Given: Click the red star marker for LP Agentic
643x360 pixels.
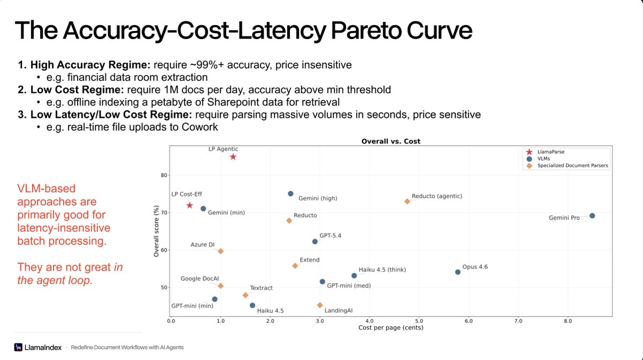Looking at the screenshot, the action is pos(233,157).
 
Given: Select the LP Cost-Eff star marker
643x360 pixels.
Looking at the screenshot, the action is pos(190,205).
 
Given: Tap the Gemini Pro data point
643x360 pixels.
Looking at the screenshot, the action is pos(592,215).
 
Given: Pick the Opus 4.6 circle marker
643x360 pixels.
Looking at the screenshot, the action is pos(458,272).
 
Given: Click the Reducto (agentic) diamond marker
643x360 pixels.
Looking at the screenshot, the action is pos(407,201).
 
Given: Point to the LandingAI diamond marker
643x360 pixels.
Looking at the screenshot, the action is pos(320,305).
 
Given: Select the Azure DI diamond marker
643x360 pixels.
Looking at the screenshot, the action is pos(220,251).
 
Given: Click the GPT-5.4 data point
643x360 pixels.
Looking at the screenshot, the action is pos(315,242).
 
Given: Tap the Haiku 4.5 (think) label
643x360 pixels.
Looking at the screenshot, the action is pos(383,269).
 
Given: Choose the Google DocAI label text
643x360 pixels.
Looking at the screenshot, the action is pos(199,279).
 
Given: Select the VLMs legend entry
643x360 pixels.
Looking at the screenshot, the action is pos(538,159).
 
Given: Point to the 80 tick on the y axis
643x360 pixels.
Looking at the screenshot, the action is pos(164,175).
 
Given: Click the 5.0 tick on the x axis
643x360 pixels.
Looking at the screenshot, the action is pos(419,321).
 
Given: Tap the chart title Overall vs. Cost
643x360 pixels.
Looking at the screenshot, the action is pos(391,141).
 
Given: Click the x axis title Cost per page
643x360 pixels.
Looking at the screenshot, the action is pos(391,327).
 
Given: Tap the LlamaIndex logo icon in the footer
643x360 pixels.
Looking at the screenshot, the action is pos(18,347).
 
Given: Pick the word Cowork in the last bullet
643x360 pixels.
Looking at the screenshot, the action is pos(199,127).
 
